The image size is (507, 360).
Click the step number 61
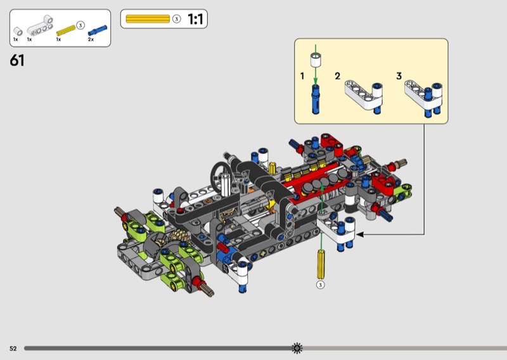(17, 60)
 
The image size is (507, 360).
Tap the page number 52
(13, 349)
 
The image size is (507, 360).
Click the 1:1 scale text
(195, 19)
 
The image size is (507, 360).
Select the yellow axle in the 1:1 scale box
(148, 19)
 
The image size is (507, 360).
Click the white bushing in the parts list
(18, 32)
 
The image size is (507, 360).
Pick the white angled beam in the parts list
(40, 25)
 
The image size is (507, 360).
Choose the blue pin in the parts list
(98, 30)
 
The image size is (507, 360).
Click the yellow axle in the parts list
(66, 30)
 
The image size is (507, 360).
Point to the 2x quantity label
(91, 39)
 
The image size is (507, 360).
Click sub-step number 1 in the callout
(302, 76)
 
